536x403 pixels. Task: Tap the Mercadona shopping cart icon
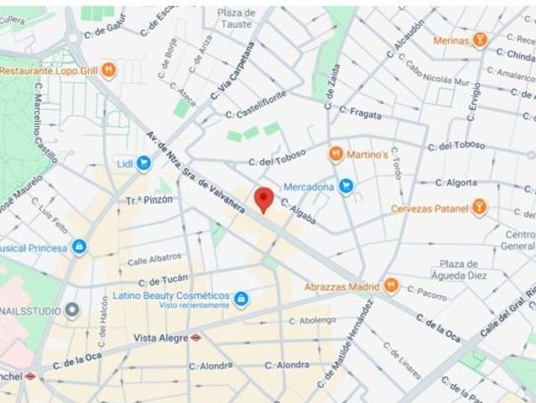346,186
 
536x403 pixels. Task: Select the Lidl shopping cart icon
143,163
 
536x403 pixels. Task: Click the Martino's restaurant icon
336,154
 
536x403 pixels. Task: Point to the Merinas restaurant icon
480,39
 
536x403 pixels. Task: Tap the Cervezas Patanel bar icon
479,207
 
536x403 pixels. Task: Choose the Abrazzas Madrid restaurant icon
391,286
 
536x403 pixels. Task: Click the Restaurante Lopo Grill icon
108,71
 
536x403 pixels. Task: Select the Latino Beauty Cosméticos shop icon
241,299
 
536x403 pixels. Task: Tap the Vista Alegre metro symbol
195,338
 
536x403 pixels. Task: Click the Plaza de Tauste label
236,18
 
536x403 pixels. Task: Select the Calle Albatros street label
154,259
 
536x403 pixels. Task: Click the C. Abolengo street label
312,321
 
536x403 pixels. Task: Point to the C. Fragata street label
361,111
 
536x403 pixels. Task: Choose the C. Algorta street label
456,182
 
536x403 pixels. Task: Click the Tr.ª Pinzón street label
149,200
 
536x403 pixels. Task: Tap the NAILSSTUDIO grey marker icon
72,311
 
